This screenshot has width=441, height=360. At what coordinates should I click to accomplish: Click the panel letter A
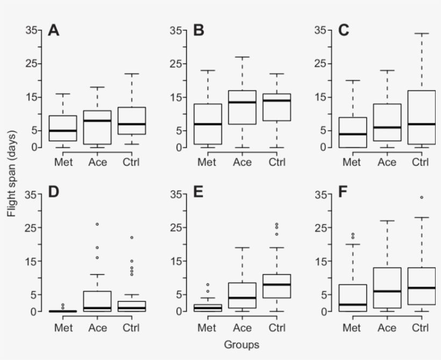[53, 30]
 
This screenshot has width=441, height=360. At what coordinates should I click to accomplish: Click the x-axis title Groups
[241, 344]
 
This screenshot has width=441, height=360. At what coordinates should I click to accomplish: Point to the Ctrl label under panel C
[421, 161]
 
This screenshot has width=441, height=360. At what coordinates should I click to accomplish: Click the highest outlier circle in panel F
[421, 197]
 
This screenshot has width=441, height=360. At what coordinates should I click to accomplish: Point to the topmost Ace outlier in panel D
[97, 224]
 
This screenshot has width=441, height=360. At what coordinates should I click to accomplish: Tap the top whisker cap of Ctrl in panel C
[421, 33]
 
